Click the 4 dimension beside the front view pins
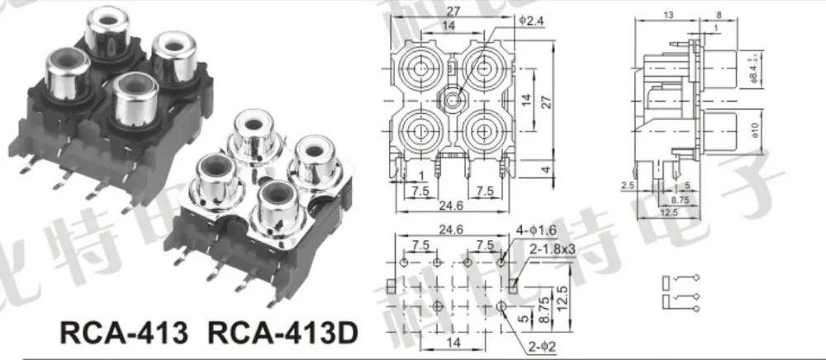pyautogui.click(x=545, y=169)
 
